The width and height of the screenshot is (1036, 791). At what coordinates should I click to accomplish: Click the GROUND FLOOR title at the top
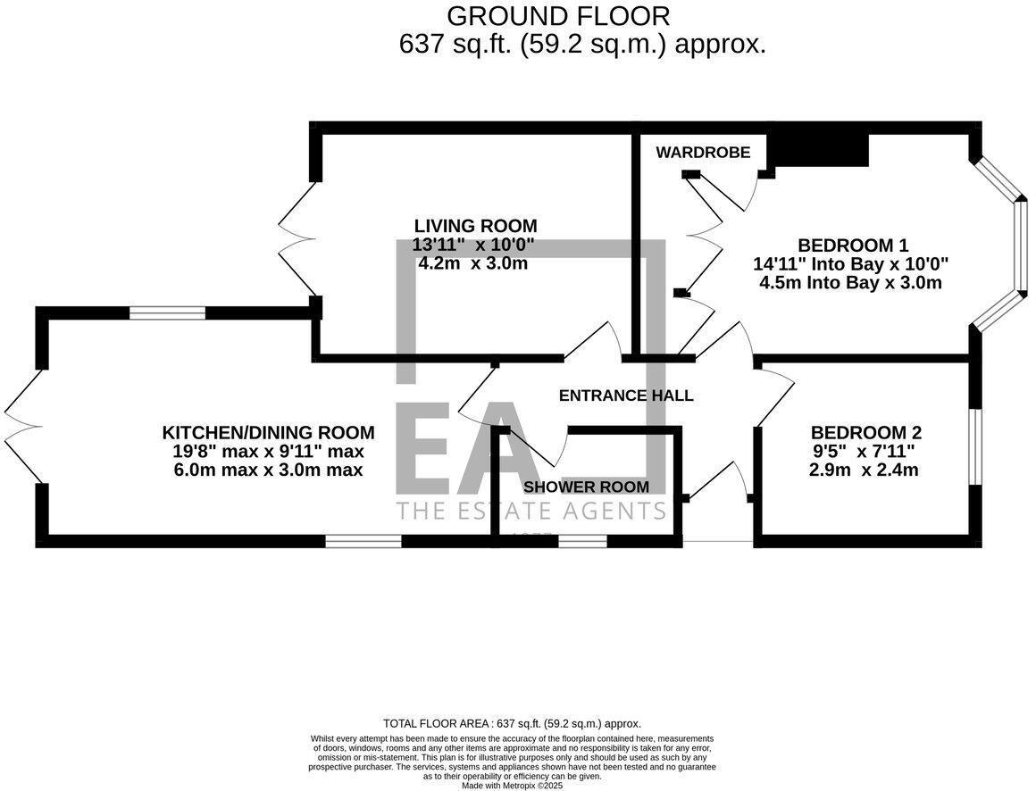click(558, 15)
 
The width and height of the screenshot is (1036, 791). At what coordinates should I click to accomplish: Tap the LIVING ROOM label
click(475, 226)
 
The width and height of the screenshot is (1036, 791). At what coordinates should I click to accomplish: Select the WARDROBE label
click(703, 152)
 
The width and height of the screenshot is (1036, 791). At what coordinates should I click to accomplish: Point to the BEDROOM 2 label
click(865, 433)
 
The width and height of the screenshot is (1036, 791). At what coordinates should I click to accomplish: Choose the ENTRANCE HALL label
click(625, 395)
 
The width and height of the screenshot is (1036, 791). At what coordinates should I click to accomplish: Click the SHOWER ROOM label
click(586, 487)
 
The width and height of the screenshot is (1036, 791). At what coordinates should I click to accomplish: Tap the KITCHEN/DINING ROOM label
click(268, 433)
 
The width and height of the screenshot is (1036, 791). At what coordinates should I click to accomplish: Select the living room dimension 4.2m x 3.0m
click(472, 264)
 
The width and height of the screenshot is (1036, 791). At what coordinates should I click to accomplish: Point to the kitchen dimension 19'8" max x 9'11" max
click(268, 452)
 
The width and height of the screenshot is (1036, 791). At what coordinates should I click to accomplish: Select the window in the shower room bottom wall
click(582, 541)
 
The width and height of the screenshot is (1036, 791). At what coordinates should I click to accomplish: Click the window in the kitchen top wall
click(167, 312)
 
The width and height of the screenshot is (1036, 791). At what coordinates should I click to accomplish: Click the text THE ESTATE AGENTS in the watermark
click(531, 512)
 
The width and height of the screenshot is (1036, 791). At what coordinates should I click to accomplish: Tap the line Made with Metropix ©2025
click(513, 786)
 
